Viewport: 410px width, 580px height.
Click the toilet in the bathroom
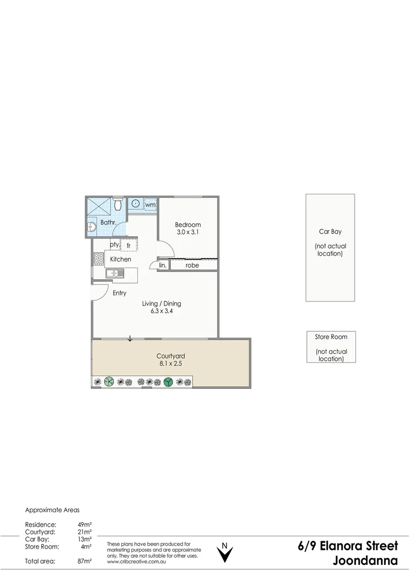click(118, 204)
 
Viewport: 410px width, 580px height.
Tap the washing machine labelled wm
click(150, 205)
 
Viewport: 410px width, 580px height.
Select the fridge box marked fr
click(129, 245)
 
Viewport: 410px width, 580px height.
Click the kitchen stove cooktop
click(99, 258)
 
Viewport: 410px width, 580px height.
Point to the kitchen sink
click(115, 273)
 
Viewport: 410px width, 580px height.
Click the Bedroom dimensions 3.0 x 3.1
click(188, 232)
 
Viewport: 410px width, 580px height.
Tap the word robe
click(192, 265)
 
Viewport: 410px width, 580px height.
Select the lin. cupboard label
click(163, 265)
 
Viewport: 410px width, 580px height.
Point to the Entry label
click(119, 293)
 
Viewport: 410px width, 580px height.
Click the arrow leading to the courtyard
click(130, 338)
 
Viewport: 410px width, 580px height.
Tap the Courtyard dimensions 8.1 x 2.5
click(171, 364)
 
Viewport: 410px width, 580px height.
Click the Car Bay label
click(330, 232)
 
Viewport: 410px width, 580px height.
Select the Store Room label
click(331, 337)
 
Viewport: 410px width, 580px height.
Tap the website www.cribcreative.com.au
click(136, 562)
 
